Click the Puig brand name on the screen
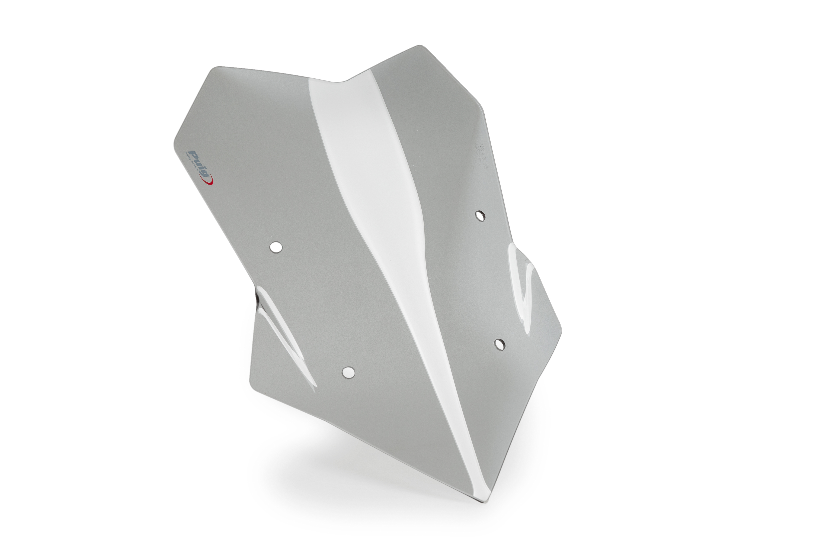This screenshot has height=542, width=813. click(199, 165)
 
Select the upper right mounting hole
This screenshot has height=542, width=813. click(480, 216)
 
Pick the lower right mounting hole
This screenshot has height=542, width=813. click(499, 344)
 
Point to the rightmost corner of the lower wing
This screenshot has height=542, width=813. click(561, 330)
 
